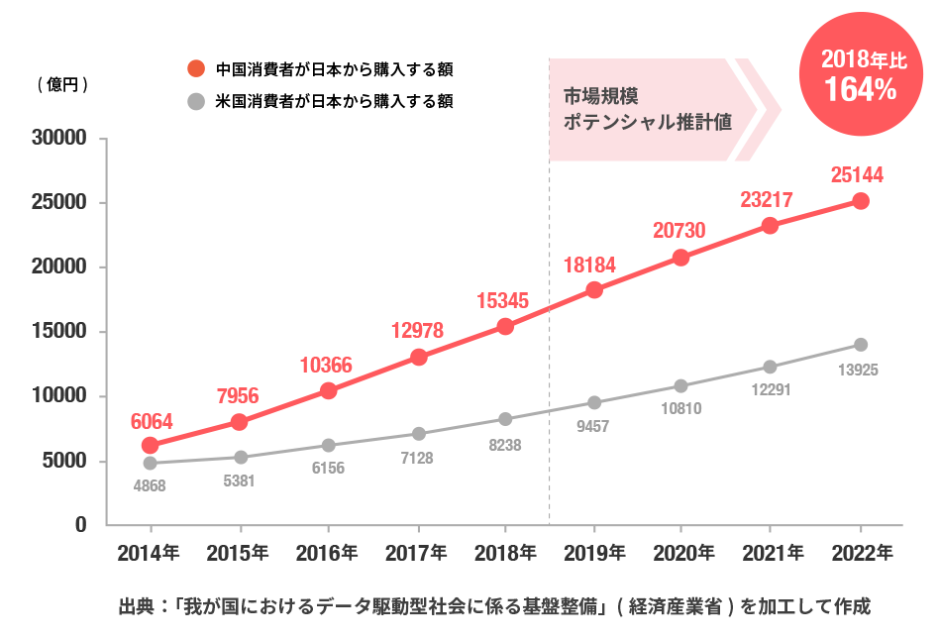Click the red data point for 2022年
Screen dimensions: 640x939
[860, 201]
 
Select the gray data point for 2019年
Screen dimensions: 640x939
[594, 402]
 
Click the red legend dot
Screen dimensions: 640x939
[196, 68]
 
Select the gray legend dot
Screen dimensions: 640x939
[196, 102]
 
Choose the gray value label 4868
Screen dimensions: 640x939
[149, 485]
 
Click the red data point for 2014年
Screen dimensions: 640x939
[150, 446]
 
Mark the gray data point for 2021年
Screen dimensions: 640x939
[771, 367]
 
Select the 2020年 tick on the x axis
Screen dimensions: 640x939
[684, 552]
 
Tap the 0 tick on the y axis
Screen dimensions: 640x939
[80, 525]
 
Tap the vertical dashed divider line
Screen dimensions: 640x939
[550, 396]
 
